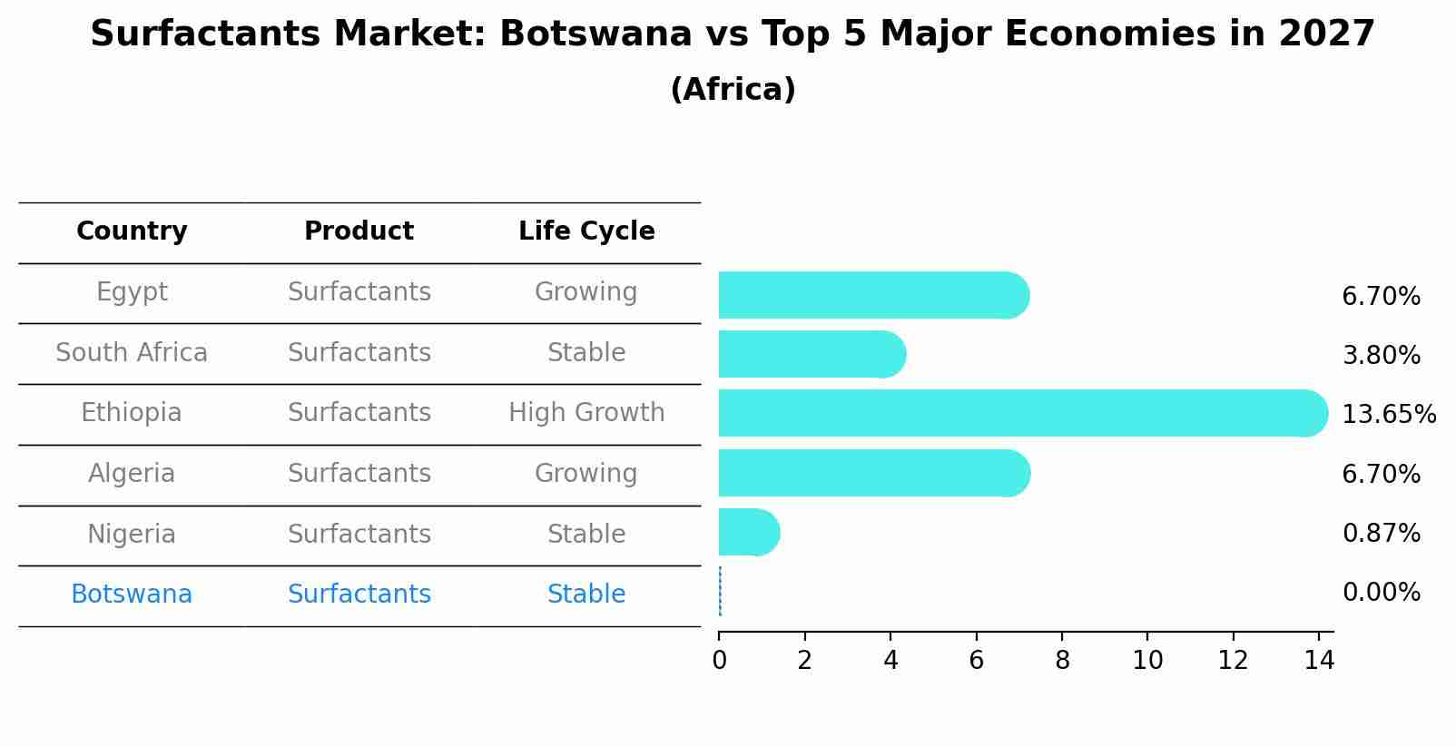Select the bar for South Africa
811,354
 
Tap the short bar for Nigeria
748,532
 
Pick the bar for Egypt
872,295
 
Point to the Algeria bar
872,473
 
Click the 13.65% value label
1388,415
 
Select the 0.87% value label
1381,534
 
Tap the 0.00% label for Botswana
1381,593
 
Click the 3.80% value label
1381,356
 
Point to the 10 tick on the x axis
1147,661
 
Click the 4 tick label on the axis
890,661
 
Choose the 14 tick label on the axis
1319,661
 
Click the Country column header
132,231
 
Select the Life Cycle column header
586,231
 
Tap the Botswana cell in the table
132,595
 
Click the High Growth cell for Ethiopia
586,413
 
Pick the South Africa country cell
132,352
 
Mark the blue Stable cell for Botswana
586,595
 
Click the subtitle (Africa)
733,90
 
